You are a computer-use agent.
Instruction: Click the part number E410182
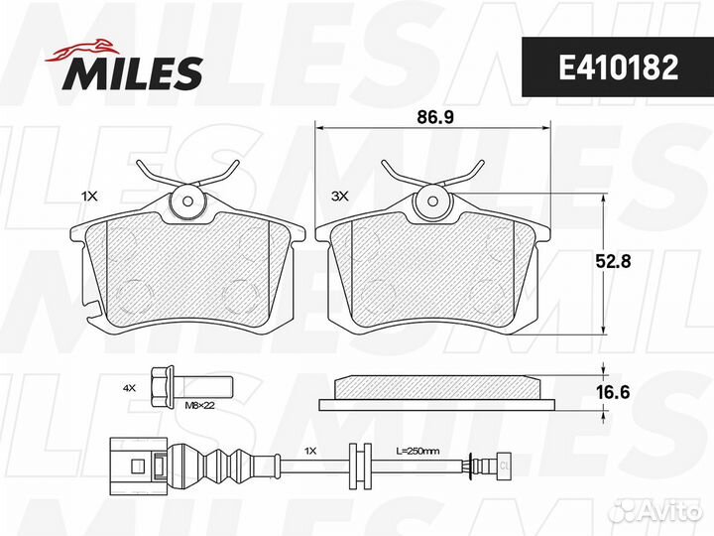619,67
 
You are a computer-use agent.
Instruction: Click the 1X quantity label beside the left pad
89,197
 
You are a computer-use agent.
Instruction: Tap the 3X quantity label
340,197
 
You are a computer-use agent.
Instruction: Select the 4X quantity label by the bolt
129,388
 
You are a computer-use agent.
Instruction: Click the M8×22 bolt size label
199,405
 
